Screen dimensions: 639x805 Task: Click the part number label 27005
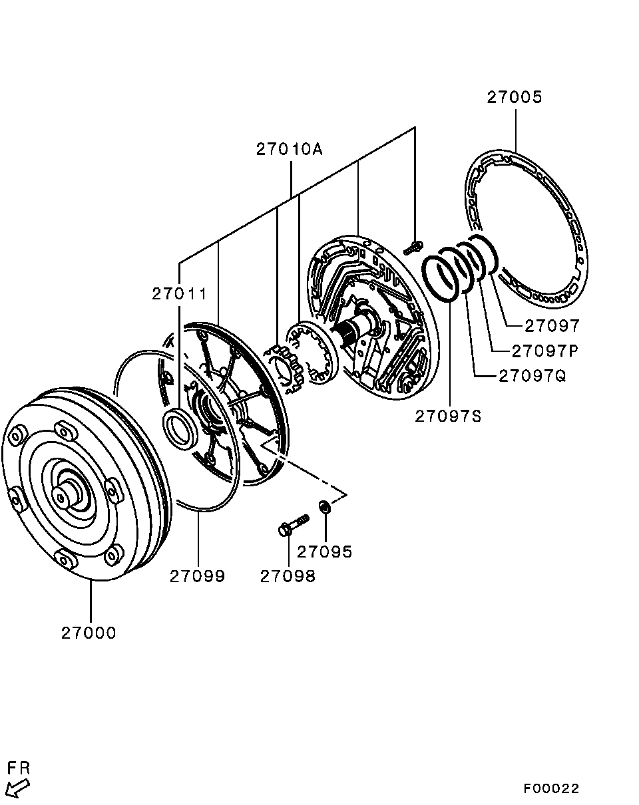coord(515,97)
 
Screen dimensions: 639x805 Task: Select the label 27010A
coord(289,150)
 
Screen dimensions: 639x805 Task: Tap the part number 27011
coord(179,294)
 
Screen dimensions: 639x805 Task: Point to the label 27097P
coord(544,351)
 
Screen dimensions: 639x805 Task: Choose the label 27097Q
coord(532,377)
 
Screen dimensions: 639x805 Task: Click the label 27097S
coord(448,416)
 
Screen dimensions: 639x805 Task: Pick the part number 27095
coord(325,552)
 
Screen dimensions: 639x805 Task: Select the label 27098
coord(288,576)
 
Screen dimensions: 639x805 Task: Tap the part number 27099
coord(197,576)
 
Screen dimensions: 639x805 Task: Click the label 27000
coord(89,633)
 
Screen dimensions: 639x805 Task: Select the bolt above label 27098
coord(294,525)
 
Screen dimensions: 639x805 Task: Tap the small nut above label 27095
coord(323,507)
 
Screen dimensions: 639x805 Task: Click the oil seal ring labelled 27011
coord(180,428)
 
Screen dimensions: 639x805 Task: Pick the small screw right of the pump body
coord(413,248)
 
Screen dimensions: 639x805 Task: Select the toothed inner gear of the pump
coord(286,370)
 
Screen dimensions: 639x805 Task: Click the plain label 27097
coord(552,326)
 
